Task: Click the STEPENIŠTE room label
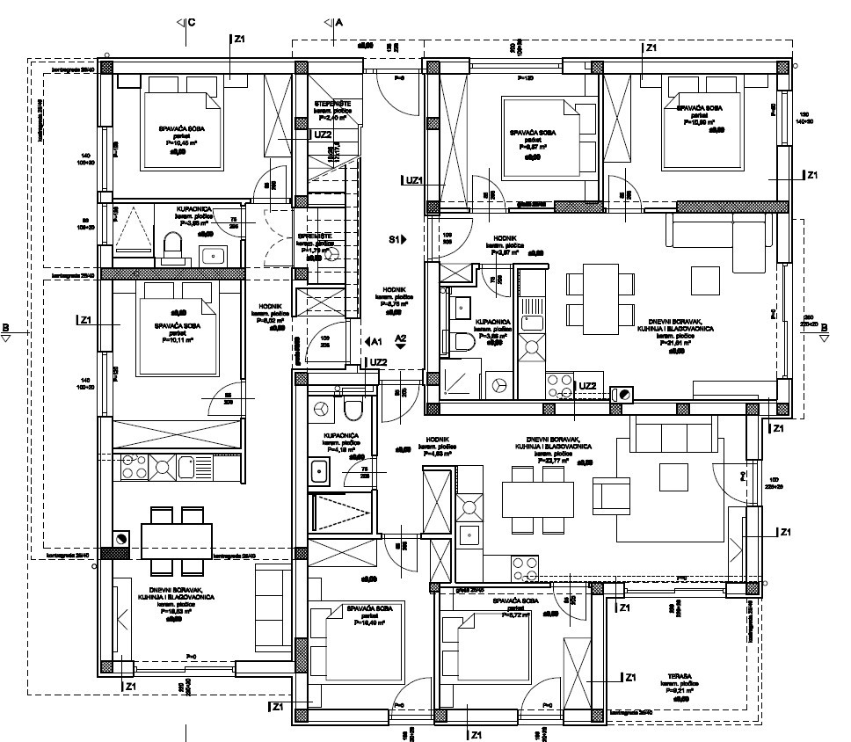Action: (329, 105)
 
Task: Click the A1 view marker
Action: (372, 340)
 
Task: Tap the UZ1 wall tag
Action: (413, 179)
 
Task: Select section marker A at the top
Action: (333, 21)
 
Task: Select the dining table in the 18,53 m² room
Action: (176, 536)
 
